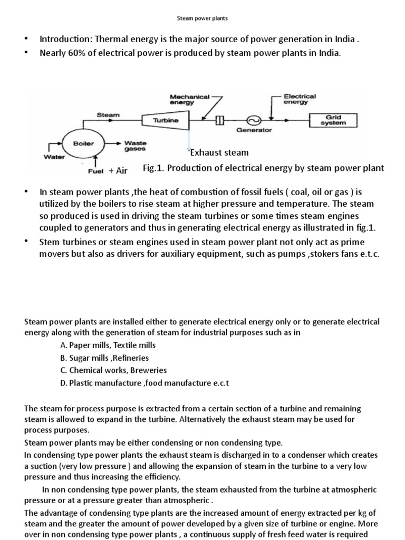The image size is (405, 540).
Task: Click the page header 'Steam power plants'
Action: pos(202,18)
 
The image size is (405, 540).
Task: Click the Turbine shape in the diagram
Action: pos(166,121)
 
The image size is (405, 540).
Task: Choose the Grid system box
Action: pos(332,120)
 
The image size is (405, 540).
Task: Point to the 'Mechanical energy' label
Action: pos(189,100)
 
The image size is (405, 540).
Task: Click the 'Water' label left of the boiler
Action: pos(53,156)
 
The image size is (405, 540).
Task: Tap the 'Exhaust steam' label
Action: pos(219,153)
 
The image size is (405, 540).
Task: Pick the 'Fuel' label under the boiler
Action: pos(95,171)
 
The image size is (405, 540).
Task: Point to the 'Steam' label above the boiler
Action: pos(108,114)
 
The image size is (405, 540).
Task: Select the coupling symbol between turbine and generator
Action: pos(220,121)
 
